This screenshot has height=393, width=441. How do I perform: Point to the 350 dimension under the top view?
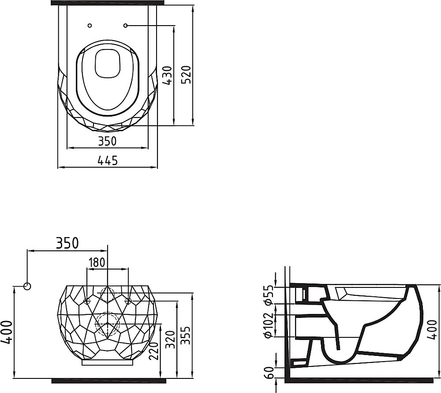[107, 141]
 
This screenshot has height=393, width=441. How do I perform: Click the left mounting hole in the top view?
[90, 25]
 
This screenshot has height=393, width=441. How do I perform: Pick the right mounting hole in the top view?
[126, 25]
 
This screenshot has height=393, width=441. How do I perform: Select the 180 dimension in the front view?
[97, 263]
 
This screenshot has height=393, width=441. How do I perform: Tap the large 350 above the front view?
[67, 243]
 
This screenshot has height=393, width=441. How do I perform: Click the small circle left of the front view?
[27, 286]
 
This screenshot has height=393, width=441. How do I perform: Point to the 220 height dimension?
[154, 351]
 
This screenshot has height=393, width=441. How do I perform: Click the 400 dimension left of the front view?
[7, 332]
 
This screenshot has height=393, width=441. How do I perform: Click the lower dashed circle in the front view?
[108, 323]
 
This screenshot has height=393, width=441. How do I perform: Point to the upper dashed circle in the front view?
[108, 293]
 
